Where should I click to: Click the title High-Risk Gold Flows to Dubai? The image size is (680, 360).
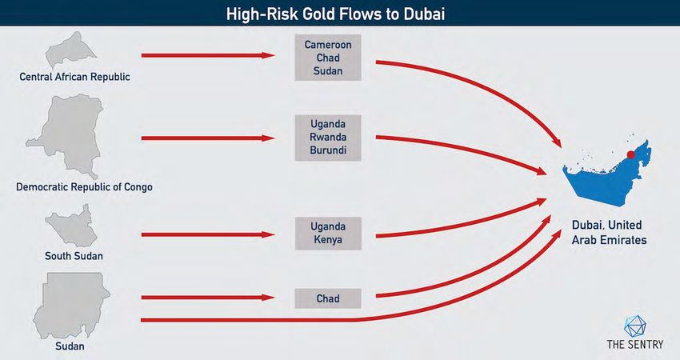coord(335,14)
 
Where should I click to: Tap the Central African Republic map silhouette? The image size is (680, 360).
coord(70,50)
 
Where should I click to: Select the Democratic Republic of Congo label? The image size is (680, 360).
coord(84,187)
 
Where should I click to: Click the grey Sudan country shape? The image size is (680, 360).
coord(70,305)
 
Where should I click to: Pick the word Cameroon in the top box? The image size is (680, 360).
coord(328,45)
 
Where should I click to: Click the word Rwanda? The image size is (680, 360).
coord(328,137)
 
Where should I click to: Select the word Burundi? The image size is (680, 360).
coord(328,150)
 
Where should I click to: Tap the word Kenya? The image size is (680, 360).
coord(328,239)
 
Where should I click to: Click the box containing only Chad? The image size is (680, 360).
coord(328,298)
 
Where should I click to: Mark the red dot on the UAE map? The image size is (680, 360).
coord(631,155)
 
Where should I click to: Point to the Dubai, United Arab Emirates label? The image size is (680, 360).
coord(609,233)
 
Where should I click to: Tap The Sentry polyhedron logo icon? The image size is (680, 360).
coord(635,326)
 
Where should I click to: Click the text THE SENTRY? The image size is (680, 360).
coord(635,344)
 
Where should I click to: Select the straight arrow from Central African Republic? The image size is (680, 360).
coord(208,55)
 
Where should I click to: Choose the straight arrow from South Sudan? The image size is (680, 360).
coord(208,234)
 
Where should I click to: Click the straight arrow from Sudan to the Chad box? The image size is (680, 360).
coord(208,298)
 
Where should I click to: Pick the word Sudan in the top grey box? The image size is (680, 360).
coord(328,70)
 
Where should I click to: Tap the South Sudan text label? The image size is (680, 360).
coord(74,256)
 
